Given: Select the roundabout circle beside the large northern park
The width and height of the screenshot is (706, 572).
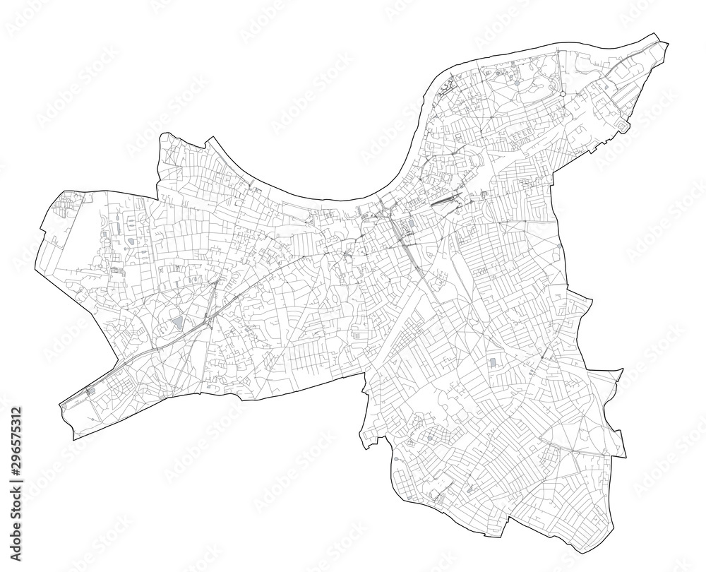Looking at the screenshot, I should tap(561, 93).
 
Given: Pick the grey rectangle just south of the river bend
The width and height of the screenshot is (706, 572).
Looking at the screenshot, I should tap(410, 225).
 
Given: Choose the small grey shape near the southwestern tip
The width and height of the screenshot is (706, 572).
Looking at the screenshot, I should tap(90, 389).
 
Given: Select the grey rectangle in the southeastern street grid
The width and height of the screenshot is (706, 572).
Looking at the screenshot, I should tap(491, 362).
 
